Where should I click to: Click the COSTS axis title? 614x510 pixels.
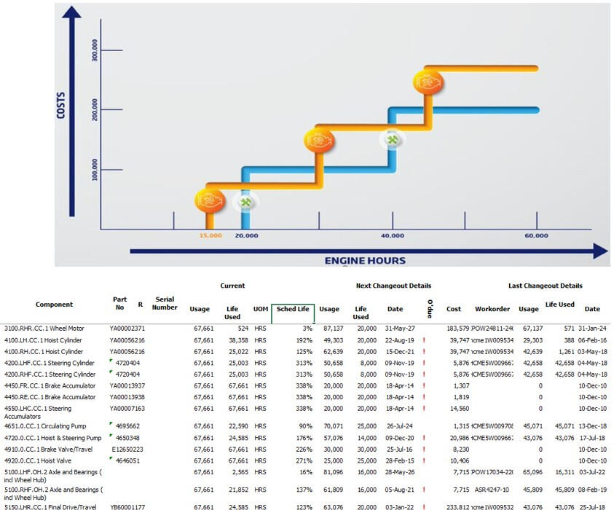coord(61,105)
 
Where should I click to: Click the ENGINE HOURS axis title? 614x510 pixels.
coord(365,260)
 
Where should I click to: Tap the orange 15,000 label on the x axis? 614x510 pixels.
coord(210,236)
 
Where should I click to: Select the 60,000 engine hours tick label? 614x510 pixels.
coord(536,236)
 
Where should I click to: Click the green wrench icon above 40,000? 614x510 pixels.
coord(393,139)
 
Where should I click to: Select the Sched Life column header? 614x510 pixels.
coord(293,310)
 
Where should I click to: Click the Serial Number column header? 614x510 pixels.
coord(165,304)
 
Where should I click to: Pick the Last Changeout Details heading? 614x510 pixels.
coord(545,286)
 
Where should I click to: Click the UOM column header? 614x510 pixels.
coord(261,310)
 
